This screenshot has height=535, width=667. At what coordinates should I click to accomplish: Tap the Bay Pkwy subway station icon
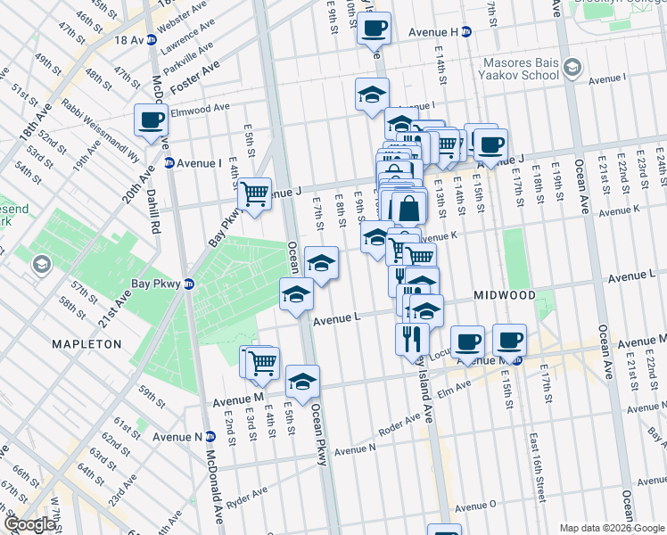188,284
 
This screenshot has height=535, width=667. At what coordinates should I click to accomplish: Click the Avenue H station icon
465,32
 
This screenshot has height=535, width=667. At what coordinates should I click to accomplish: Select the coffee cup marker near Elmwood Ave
151,119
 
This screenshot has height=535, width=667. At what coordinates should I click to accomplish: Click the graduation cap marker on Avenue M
302,380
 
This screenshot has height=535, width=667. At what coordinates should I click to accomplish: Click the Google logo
29,524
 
